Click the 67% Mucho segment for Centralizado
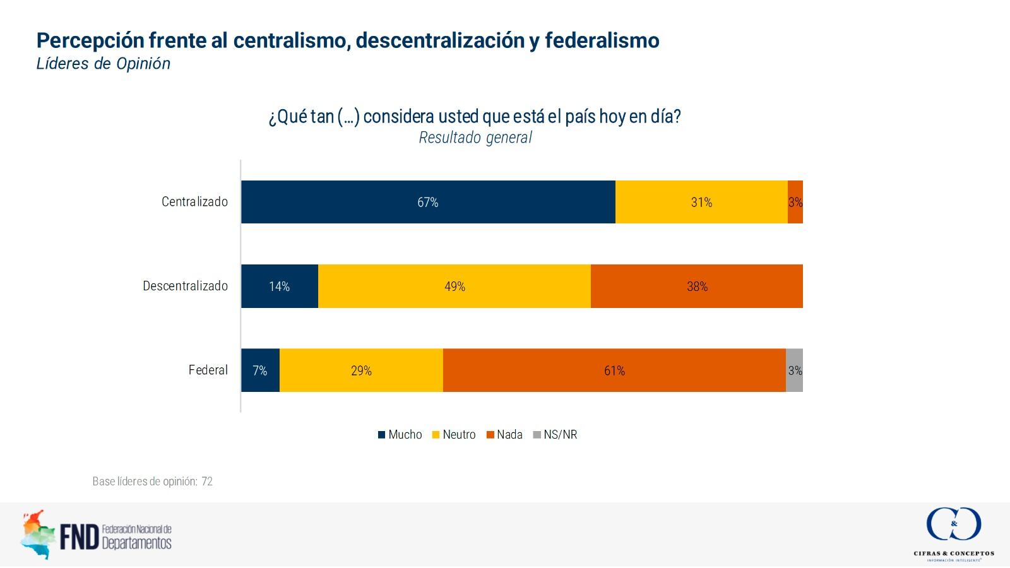[x=428, y=202]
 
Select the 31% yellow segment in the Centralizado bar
[x=701, y=202]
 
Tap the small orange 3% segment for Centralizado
[x=795, y=202]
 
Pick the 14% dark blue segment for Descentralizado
[x=280, y=287]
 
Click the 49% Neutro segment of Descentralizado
[x=454, y=287]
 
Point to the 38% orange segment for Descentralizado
[x=697, y=287]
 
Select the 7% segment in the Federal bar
[x=260, y=370]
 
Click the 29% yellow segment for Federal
[x=361, y=370]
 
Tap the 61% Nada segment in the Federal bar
[x=614, y=370]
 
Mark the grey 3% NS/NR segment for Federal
[x=795, y=370]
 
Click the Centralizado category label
[x=194, y=202]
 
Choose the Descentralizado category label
[x=185, y=286]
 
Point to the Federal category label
[x=208, y=370]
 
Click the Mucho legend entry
[x=400, y=435]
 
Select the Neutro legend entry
[x=454, y=435]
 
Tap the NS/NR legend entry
[x=555, y=435]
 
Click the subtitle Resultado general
[x=475, y=138]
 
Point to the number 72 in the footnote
[x=207, y=482]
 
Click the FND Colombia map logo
[x=36, y=535]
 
